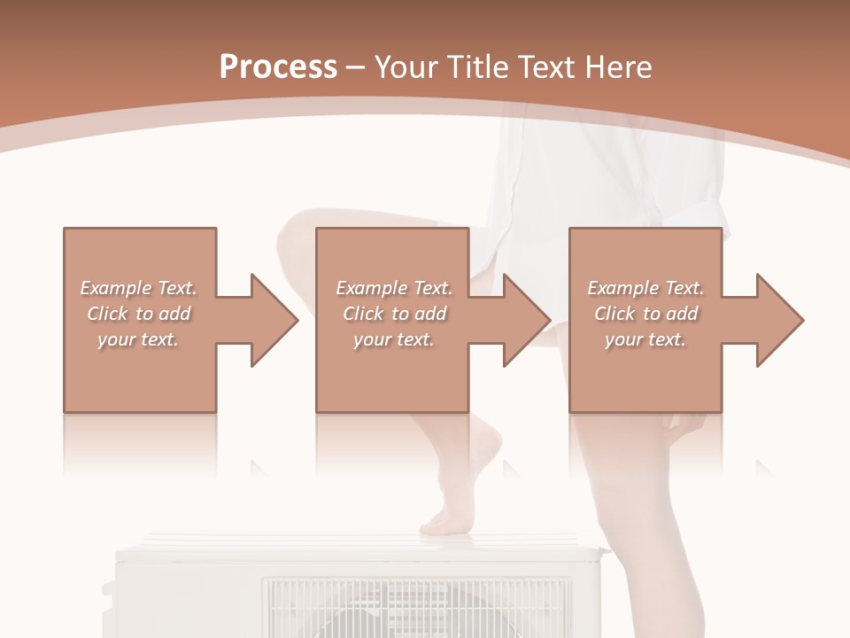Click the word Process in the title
click(x=278, y=67)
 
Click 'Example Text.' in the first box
click(x=138, y=288)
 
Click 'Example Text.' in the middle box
click(x=394, y=288)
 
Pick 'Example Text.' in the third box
click(x=645, y=288)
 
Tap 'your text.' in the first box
click(x=138, y=339)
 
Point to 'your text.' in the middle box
click(x=394, y=339)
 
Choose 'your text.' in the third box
click(x=645, y=339)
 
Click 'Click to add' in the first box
click(x=138, y=314)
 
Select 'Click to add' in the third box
click(x=645, y=314)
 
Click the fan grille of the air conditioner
click(x=416, y=607)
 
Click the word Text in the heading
click(x=549, y=67)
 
